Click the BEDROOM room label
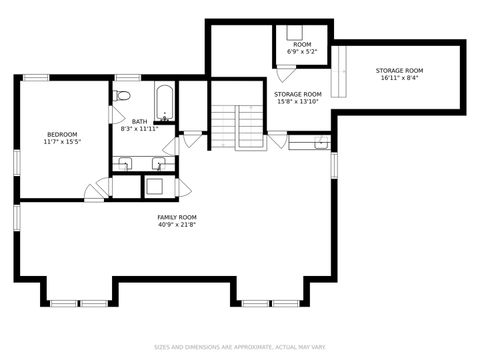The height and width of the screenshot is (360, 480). tap(62, 134)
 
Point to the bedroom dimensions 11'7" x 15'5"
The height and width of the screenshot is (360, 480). tap(62, 143)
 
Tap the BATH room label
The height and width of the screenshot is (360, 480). tap(139, 121)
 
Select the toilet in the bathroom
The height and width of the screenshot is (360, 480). tap(121, 96)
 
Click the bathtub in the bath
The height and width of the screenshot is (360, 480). tap(165, 103)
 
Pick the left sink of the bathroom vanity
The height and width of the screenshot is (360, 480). tap(125, 163)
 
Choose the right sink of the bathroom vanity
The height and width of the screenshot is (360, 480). tap(158, 163)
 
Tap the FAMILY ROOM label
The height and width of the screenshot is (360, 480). tap(176, 217)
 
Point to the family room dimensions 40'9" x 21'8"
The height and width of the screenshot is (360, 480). tap(176, 225)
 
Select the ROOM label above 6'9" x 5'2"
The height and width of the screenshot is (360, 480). tap(301, 45)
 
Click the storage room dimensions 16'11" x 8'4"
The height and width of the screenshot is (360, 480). tap(400, 79)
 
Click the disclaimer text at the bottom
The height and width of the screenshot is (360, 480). tap(240, 348)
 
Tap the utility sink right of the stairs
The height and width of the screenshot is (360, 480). tap(308, 143)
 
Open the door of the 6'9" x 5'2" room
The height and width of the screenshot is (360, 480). tap(285, 72)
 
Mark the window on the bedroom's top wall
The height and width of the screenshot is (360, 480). tap(36, 77)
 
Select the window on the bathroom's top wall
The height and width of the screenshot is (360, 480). tap(126, 77)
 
